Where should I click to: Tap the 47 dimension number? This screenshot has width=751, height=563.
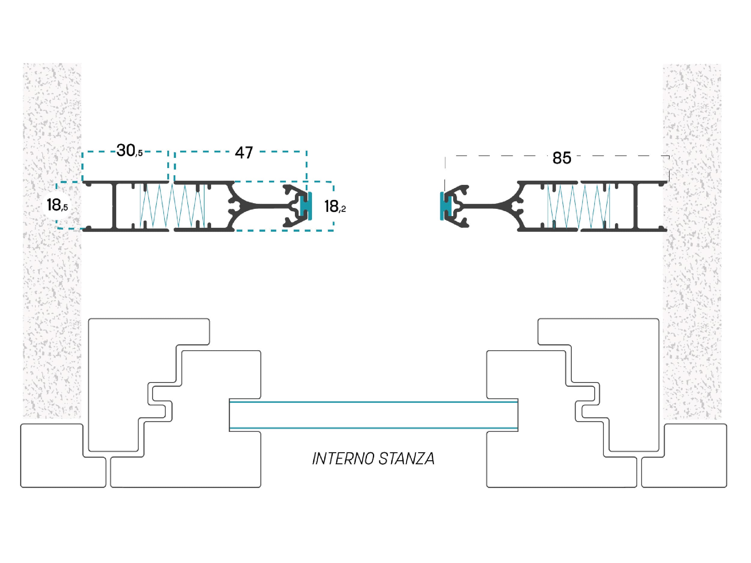coord(244,153)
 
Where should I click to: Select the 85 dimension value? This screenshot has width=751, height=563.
coord(562,158)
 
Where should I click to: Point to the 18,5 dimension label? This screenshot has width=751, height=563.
coord(57,205)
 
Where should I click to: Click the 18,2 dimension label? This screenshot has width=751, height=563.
coord(335,206)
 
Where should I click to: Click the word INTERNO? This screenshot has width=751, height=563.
coord(343,459)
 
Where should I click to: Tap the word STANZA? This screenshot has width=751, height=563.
coord(406,459)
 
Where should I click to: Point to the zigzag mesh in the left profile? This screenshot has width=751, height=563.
coord(172,206)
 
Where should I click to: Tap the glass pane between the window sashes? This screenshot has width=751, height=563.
coord(374,415)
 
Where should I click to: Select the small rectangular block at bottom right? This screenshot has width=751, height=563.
coord(684,456)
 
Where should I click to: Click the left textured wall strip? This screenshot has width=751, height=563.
coord(52,241)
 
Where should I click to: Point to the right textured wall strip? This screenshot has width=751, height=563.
coord(692,241)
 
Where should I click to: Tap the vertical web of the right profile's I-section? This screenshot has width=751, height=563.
coord(635,206)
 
